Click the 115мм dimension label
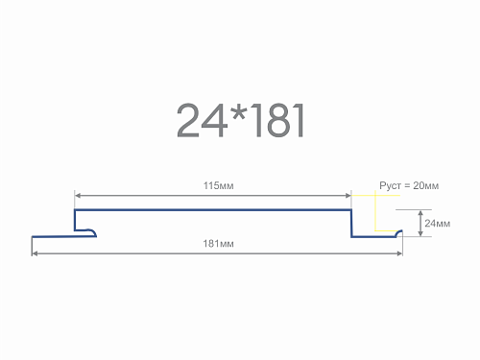(x=219, y=185)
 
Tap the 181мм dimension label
(x=219, y=244)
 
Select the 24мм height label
(x=438, y=224)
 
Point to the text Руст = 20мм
(x=409, y=185)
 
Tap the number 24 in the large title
(x=202, y=121)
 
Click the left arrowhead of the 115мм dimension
(x=77, y=196)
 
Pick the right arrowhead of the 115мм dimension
(x=348, y=196)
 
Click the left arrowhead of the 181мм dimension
(x=35, y=253)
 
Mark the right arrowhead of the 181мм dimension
(x=399, y=253)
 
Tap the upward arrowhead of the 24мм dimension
(x=420, y=213)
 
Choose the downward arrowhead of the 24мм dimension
(x=420, y=233)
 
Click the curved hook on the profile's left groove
(x=93, y=232)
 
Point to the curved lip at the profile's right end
(x=399, y=232)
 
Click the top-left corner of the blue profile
(x=75, y=210)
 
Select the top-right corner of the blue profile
(x=351, y=210)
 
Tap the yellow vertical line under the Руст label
(x=375, y=210)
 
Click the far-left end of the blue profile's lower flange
(x=33, y=237)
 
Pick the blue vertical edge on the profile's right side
(x=351, y=224)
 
